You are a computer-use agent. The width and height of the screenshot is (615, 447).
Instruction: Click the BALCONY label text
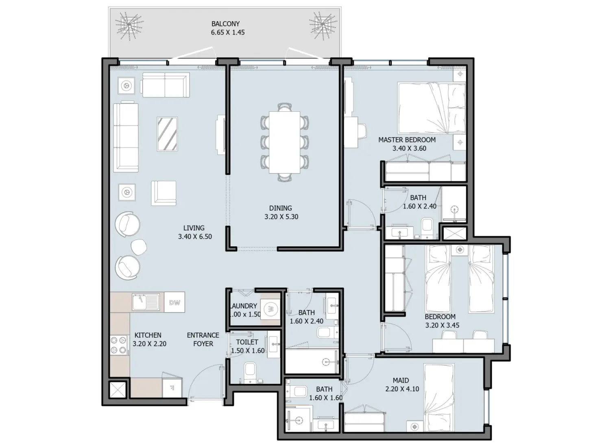[225, 24]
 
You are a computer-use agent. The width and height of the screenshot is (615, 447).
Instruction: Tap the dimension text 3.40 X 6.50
[195, 237]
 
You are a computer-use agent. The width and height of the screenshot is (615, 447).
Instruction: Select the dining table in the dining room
[285, 142]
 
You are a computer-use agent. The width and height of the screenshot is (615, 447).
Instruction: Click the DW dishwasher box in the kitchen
[174, 302]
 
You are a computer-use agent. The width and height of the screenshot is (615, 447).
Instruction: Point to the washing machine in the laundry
[270, 309]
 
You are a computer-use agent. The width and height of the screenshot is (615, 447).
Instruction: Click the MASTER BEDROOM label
[407, 140]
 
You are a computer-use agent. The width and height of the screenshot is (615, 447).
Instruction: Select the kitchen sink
[146, 302]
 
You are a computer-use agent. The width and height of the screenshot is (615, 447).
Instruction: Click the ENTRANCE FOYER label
[203, 339]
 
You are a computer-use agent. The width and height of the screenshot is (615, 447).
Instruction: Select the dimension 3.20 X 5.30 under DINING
[281, 217]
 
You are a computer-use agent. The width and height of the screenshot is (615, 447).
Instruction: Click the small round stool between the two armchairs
[139, 247]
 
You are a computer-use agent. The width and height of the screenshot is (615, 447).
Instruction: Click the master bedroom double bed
[431, 108]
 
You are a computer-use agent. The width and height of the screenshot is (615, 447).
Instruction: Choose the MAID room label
[401, 380]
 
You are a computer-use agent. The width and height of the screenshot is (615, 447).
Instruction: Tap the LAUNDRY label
[244, 306]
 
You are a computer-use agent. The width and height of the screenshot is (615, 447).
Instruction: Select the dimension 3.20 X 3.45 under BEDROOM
[442, 325]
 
